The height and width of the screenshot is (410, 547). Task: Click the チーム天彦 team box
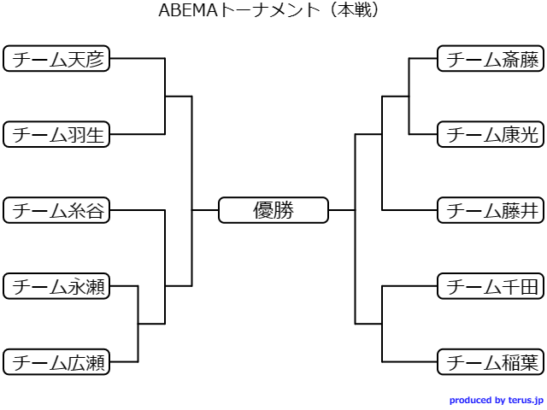pos(56,59)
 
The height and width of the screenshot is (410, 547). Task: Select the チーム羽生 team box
pos(56,134)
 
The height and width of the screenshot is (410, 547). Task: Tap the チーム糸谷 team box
pos(56,210)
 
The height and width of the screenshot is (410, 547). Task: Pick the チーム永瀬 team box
pos(56,286)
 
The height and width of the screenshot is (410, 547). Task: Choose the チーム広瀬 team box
pos(56,362)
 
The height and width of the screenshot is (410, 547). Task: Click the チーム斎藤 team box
pos(491,59)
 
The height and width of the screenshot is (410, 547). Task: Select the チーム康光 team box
pos(491,134)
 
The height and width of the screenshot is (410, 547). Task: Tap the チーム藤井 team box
pos(491,210)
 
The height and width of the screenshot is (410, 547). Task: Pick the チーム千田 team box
pos(491,286)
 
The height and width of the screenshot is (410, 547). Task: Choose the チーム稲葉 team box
pos(491,362)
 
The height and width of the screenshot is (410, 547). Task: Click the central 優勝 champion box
pos(273,210)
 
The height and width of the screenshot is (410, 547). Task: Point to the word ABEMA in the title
pos(188,10)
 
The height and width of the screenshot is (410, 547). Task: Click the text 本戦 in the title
pos(355,10)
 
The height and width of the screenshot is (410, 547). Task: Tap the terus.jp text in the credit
pos(526,401)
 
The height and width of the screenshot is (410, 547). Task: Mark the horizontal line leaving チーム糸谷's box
pos(138,210)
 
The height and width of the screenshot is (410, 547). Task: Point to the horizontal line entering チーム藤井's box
pos(409,210)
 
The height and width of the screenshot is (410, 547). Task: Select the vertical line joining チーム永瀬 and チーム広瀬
pos(138,324)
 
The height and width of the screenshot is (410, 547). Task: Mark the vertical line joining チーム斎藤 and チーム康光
pos(409,97)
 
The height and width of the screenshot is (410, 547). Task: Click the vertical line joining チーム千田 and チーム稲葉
pos(382,324)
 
